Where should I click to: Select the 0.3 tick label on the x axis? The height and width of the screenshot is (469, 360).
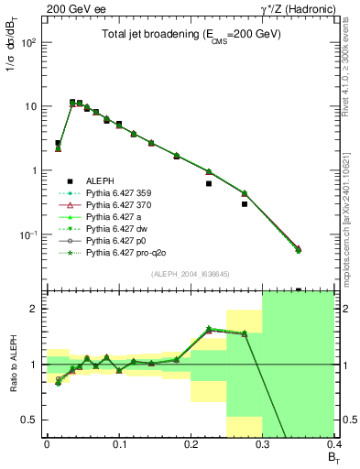tap(263, 442)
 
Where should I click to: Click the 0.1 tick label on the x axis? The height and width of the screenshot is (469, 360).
tap(118, 442)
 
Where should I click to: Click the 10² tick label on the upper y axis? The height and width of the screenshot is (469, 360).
tap(30, 42)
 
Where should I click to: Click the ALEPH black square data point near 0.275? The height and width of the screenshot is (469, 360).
tap(245, 204)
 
